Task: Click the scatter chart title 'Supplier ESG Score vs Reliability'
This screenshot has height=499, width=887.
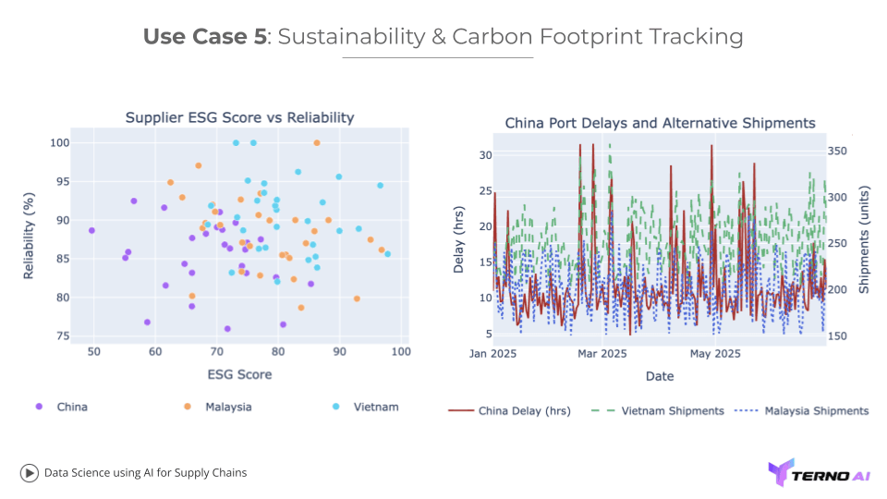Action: click(x=239, y=118)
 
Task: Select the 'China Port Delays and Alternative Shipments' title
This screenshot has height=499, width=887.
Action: click(x=660, y=123)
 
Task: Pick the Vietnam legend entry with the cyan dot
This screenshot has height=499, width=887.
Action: click(x=367, y=407)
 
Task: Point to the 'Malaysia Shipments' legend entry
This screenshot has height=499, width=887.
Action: click(x=803, y=411)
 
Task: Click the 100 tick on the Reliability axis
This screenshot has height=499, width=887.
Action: click(x=60, y=143)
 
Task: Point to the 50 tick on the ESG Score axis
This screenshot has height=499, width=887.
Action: click(x=93, y=351)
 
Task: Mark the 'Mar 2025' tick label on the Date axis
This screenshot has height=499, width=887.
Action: click(x=602, y=354)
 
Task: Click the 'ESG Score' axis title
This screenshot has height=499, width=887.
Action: click(x=239, y=374)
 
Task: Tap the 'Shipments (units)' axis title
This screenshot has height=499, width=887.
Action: click(x=864, y=246)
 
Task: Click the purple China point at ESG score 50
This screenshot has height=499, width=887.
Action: click(x=91, y=230)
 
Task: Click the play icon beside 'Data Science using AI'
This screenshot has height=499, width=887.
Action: click(x=29, y=473)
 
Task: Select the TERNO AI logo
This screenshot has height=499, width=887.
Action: click(x=820, y=474)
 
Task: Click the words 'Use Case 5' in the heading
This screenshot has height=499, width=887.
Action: click(x=204, y=37)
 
